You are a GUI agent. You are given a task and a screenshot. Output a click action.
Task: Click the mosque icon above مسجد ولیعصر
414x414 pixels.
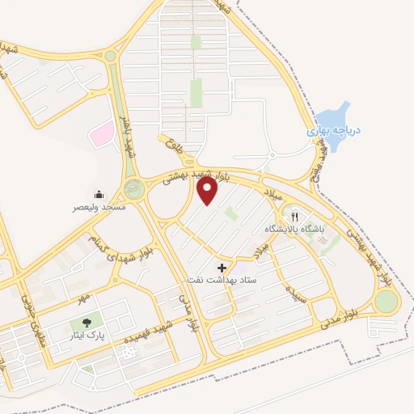tap(99, 195)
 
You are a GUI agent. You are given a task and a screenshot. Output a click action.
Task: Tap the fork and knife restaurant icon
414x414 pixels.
tap(295, 217)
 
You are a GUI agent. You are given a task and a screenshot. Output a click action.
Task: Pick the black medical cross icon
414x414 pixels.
tap(222, 267)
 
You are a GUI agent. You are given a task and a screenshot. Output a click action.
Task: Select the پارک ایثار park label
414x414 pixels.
tap(86, 333)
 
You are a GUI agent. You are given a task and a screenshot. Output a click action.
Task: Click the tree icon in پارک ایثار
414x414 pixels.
tap(86, 321)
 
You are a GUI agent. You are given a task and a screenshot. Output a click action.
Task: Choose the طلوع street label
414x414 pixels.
tap(170, 146)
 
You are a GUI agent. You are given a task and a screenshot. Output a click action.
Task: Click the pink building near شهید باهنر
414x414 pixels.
tap(101, 134)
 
